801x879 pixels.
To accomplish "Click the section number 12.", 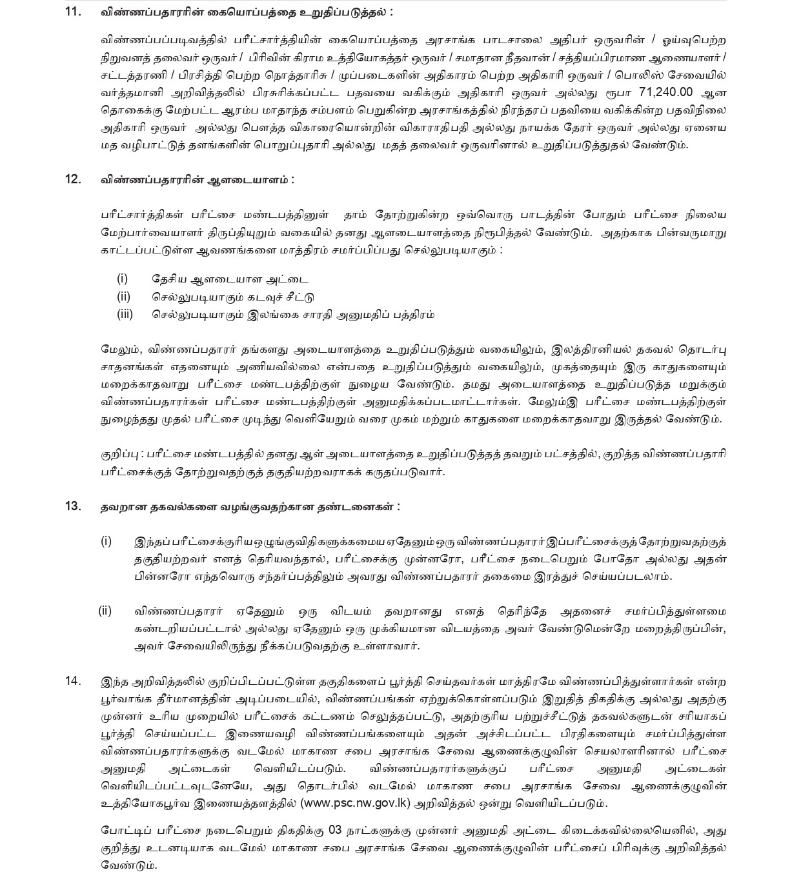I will click(x=73, y=179).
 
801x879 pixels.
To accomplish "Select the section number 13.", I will click(x=73, y=506).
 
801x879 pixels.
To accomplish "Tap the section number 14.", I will click(x=73, y=680).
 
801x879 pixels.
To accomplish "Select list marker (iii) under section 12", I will click(x=125, y=315).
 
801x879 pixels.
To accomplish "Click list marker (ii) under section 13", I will click(x=105, y=610).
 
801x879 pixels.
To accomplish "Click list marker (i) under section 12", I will click(x=123, y=279).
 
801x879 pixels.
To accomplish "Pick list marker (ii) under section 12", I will click(x=123, y=297).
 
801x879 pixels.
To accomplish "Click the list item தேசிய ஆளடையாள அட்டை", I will click(x=230, y=279).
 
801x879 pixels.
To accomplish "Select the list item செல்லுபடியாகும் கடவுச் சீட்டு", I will click(x=233, y=297).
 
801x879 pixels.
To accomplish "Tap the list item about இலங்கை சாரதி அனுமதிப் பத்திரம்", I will click(x=293, y=315).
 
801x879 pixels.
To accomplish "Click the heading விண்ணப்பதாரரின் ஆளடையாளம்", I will click(x=198, y=180).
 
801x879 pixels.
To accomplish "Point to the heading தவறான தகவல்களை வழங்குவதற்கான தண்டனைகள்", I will click(x=250, y=507).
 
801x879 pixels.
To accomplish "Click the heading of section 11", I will click(x=246, y=12).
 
